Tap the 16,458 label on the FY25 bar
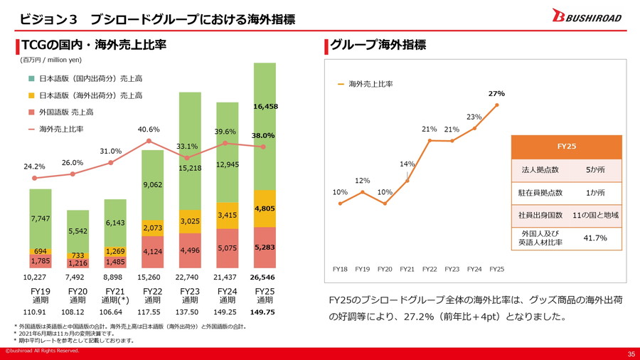coord(265,106)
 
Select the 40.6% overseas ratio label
coord(149,129)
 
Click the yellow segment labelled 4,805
coord(265,208)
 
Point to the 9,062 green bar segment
coord(152,185)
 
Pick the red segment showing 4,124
coord(152,251)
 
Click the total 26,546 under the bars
coord(265,277)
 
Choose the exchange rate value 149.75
coord(265,312)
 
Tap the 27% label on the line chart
coord(496,94)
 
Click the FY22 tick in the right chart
coord(429,269)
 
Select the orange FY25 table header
coord(566,147)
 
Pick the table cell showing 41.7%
coord(594,238)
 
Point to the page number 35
coord(630,354)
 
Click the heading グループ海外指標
coord(379,46)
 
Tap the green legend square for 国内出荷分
coord(31,78)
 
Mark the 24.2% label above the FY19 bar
coord(34,166)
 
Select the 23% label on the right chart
coord(474,117)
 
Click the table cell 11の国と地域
coord(594,215)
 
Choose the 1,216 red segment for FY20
coord(78,263)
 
